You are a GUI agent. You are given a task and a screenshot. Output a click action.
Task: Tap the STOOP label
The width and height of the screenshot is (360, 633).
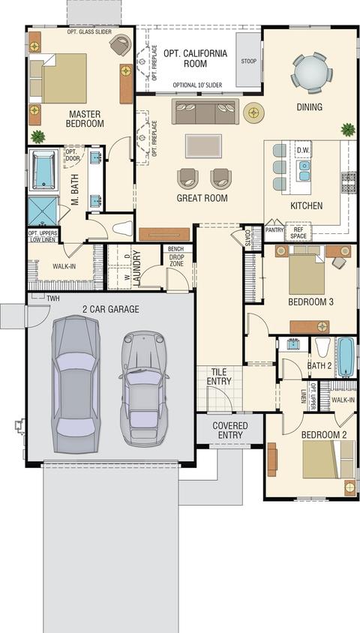(x=248, y=61)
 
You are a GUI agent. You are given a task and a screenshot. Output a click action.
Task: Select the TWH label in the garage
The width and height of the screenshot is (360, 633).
(x=52, y=299)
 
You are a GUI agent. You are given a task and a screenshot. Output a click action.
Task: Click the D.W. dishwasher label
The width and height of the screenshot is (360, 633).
(x=303, y=150)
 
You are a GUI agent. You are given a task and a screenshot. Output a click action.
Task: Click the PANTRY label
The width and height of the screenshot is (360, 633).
(x=274, y=229)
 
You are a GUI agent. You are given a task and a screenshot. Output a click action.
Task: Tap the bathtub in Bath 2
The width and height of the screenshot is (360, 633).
(x=346, y=357)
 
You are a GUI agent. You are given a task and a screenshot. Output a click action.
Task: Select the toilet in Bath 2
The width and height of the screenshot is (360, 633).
(x=322, y=348)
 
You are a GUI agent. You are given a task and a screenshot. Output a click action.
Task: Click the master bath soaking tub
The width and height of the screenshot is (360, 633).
(x=43, y=169)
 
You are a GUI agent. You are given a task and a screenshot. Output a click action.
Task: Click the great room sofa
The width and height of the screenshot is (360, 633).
(x=205, y=111)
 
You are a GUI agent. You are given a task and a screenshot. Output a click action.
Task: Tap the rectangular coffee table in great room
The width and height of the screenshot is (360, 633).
(x=203, y=145)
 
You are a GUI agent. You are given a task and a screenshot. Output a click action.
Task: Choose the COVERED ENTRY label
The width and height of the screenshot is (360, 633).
(x=230, y=430)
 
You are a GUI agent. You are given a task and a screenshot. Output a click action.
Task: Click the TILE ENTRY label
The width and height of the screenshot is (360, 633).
(x=219, y=376)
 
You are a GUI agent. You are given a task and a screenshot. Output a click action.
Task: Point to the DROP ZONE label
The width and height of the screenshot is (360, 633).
(x=177, y=261)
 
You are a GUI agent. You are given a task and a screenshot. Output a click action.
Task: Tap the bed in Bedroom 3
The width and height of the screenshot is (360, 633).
(x=307, y=270)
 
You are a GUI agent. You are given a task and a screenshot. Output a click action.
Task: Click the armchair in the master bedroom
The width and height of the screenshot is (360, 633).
(x=121, y=44)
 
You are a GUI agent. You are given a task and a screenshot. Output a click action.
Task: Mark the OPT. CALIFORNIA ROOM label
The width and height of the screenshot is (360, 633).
(x=195, y=58)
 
